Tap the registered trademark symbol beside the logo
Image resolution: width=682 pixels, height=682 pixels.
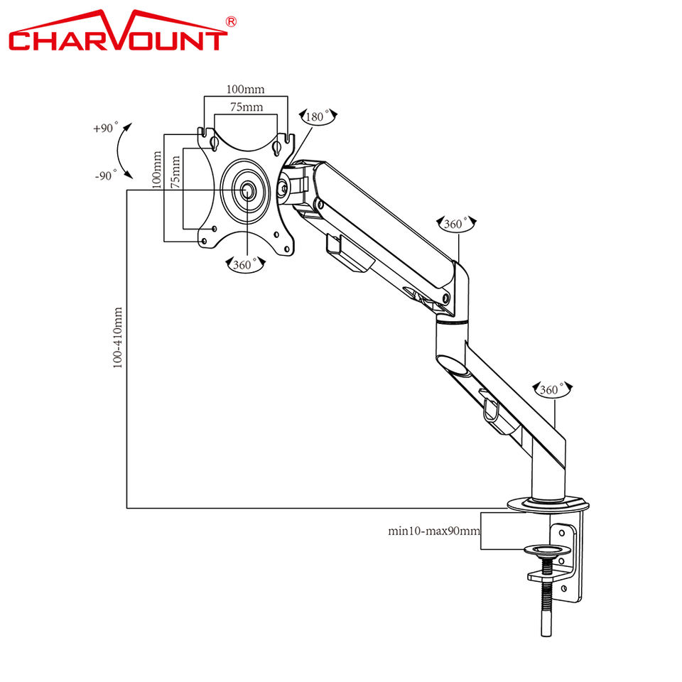(x=230, y=22)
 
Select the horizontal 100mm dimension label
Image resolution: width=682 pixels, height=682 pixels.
(x=245, y=90)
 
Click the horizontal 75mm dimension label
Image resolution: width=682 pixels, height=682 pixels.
(x=245, y=107)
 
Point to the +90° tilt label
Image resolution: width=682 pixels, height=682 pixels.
(x=104, y=129)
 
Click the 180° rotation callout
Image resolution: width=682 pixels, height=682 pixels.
(x=318, y=117)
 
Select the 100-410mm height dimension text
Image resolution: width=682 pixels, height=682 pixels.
(x=118, y=337)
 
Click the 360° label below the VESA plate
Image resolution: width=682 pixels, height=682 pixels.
(x=244, y=264)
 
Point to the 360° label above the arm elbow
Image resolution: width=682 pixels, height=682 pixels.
(x=457, y=223)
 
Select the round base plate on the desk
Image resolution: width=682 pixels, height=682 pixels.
(x=549, y=504)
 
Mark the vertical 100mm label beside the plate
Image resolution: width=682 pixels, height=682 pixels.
(x=157, y=169)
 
